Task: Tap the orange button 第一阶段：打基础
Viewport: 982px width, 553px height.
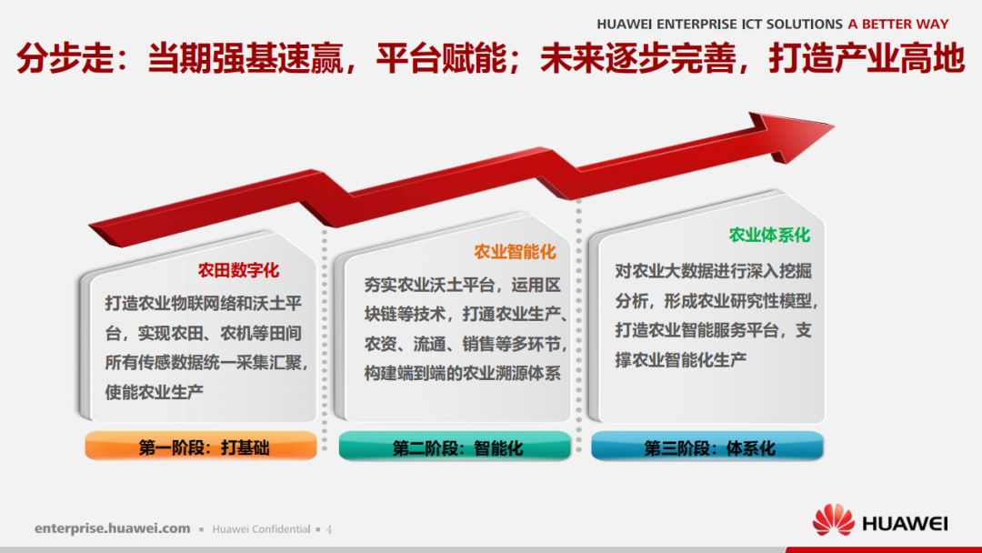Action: click(201, 447)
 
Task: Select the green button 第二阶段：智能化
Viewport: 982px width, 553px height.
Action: click(455, 447)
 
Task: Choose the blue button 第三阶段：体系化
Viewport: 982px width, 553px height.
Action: click(707, 447)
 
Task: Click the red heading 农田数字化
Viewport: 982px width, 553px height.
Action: click(238, 270)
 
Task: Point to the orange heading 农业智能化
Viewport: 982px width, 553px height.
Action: click(515, 252)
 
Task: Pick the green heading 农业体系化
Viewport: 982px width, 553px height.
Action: click(769, 235)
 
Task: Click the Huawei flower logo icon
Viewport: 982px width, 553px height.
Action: click(833, 520)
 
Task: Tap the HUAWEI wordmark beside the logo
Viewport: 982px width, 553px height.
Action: click(904, 523)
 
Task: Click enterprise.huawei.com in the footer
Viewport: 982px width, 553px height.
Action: click(113, 528)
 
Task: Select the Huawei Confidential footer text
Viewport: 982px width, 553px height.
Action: click(261, 528)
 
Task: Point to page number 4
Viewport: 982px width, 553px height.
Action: click(329, 528)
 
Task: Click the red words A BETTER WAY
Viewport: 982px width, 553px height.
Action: click(897, 25)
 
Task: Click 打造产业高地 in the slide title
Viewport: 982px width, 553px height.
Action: click(866, 60)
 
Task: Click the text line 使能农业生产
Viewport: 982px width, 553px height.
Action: click(154, 392)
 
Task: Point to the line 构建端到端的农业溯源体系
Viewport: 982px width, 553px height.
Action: click(463, 373)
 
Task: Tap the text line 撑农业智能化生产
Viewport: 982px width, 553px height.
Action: click(681, 359)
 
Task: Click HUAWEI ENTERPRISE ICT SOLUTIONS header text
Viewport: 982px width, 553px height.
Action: click(720, 25)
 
